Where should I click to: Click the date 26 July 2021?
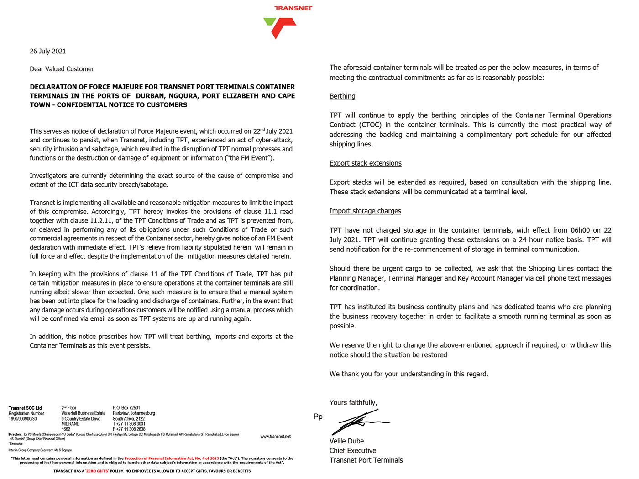coord(48,51)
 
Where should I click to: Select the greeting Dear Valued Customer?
coord(62,69)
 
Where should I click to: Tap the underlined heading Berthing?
coord(342,96)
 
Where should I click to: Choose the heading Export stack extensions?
coord(366,163)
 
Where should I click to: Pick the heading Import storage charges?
coord(365,211)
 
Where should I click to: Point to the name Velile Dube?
coord(346,441)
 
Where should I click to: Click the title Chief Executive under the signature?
coord(353,451)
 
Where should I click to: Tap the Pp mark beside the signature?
coord(318,417)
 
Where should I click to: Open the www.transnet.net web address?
coord(275,437)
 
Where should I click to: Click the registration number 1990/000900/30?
coord(23,419)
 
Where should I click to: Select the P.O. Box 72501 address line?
coord(126,408)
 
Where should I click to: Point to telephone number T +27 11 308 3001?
coord(129,424)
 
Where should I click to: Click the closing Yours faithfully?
coord(353,402)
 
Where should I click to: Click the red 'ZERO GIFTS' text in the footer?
coord(97,471)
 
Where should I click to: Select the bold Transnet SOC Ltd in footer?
coord(25,408)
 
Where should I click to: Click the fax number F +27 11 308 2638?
coord(129,429)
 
